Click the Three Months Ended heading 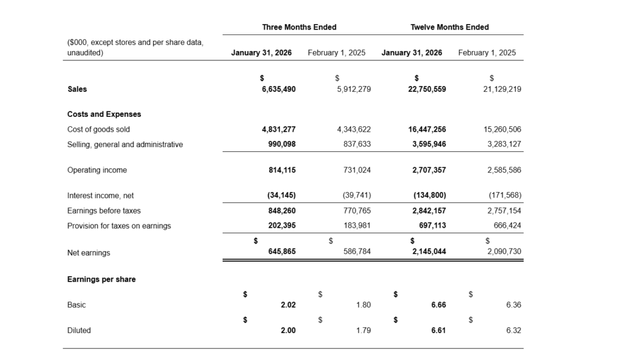pyautogui.click(x=299, y=27)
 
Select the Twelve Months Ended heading pyautogui.click(x=449, y=27)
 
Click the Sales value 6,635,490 pyautogui.click(x=279, y=89)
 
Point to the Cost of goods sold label pyautogui.click(x=98, y=130)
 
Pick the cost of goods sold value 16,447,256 pyautogui.click(x=427, y=130)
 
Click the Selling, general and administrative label pyautogui.click(x=125, y=145)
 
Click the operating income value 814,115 pyautogui.click(x=282, y=170)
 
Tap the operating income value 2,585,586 pyautogui.click(x=504, y=170)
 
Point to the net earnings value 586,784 pyautogui.click(x=357, y=252)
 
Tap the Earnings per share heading pyautogui.click(x=102, y=279)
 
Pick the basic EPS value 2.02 pyautogui.click(x=288, y=305)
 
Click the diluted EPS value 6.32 pyautogui.click(x=513, y=330)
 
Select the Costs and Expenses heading pyautogui.click(x=104, y=114)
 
